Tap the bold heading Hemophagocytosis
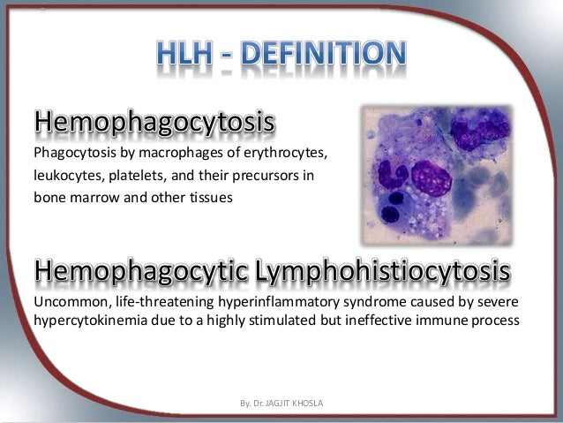coord(154,124)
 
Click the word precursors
coord(261,176)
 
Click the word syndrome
coord(347,302)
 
